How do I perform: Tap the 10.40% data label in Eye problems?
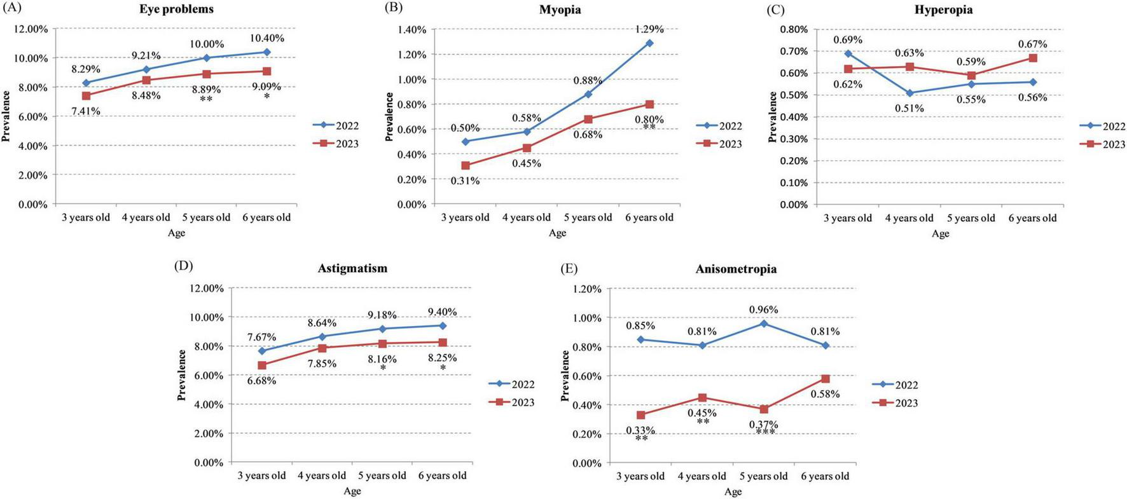click(x=266, y=38)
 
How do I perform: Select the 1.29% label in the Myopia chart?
click(x=649, y=29)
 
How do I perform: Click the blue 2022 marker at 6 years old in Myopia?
click(x=649, y=43)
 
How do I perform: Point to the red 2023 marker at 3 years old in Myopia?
click(x=466, y=165)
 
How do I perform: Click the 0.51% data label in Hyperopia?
click(x=909, y=109)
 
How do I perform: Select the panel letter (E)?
click(x=569, y=268)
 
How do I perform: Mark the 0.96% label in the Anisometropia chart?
click(x=763, y=310)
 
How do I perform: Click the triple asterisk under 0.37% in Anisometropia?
click(x=765, y=433)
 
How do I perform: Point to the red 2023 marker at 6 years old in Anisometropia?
click(x=826, y=379)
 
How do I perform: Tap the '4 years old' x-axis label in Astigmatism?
click(x=322, y=475)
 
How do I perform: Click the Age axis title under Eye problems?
click(x=176, y=233)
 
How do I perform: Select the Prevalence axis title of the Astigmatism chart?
click(x=181, y=375)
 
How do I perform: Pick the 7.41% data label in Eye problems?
click(x=85, y=111)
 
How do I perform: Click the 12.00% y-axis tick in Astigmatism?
click(x=207, y=288)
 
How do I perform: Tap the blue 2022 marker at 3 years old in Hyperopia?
click(x=848, y=53)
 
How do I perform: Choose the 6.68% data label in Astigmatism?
click(x=261, y=381)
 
